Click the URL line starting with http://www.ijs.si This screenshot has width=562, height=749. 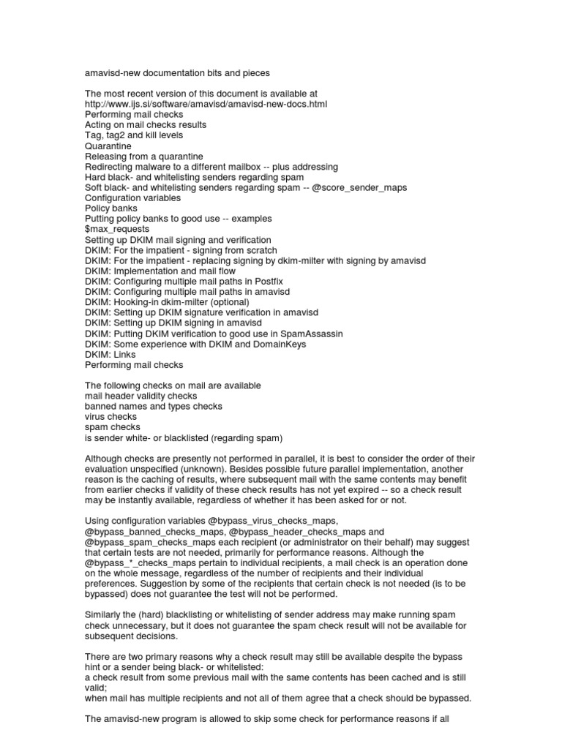(206, 105)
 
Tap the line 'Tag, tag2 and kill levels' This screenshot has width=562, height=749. (134, 135)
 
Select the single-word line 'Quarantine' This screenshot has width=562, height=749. (108, 146)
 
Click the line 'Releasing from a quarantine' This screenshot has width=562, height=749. (144, 157)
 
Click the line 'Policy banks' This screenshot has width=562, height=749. (111, 208)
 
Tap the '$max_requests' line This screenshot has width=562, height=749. (116, 230)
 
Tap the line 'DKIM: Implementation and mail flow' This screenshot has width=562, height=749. (157, 271)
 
